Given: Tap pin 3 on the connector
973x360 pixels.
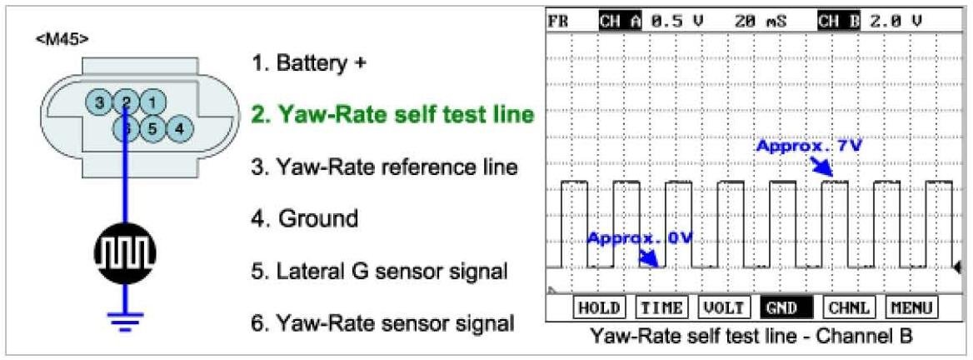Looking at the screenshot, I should click(99, 103).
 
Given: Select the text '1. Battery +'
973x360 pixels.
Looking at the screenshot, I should click(308, 63).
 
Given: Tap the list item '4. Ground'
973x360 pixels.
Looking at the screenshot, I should click(305, 219).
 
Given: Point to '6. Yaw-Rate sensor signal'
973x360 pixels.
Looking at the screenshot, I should click(382, 322).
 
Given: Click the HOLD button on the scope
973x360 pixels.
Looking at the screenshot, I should click(599, 307).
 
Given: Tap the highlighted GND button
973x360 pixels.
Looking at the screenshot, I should click(785, 307).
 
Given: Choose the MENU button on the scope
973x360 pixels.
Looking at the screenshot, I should click(911, 307).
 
